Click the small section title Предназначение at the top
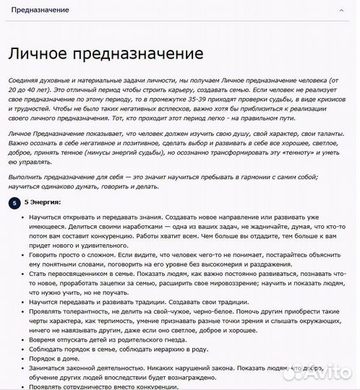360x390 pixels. click(x=39, y=11)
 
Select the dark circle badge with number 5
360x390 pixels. click(x=14, y=203)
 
